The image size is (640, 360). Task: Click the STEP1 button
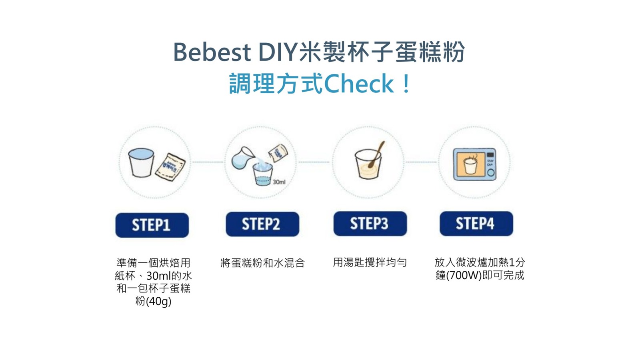pyautogui.click(x=152, y=225)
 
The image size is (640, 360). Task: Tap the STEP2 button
pyautogui.click(x=262, y=224)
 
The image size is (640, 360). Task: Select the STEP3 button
pyautogui.click(x=370, y=224)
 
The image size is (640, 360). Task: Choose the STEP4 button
pyautogui.click(x=476, y=224)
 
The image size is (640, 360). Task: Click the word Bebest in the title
pyautogui.click(x=212, y=52)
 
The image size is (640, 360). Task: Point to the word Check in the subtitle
pyautogui.click(x=359, y=84)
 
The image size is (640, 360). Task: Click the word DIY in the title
pyautogui.click(x=278, y=52)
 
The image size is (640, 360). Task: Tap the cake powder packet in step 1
pyautogui.click(x=170, y=166)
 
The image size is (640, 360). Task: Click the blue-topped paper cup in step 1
pyautogui.click(x=141, y=162)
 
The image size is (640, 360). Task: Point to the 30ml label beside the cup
pyautogui.click(x=279, y=182)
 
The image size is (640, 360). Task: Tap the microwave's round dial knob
pyautogui.click(x=491, y=173)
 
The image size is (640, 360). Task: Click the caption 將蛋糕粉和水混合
pyautogui.click(x=262, y=263)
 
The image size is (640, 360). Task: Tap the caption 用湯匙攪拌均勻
pyautogui.click(x=370, y=262)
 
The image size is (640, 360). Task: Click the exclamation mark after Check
pyautogui.click(x=406, y=84)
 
